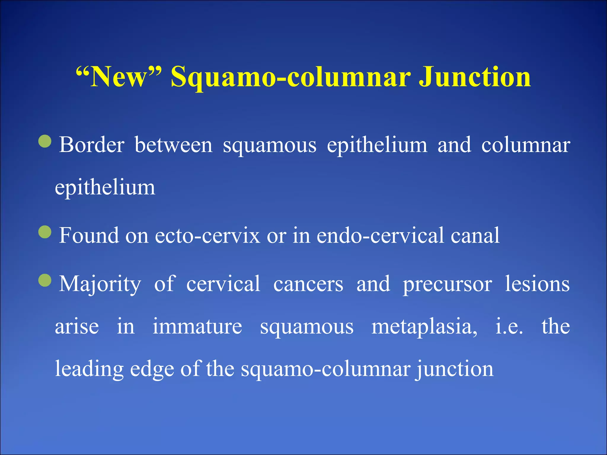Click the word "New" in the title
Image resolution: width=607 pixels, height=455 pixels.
click(119, 77)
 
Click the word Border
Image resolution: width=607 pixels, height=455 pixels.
click(92, 145)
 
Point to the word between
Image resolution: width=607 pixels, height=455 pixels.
click(173, 145)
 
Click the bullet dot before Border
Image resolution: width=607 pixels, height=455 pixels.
click(45, 141)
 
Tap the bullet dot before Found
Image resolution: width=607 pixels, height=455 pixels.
click(45, 232)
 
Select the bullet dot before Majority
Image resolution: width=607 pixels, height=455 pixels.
click(45, 280)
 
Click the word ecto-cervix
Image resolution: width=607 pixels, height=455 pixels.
click(207, 235)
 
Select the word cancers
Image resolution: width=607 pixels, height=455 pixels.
click(308, 284)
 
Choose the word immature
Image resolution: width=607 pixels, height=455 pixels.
click(197, 326)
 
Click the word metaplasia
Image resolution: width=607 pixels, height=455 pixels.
click(424, 326)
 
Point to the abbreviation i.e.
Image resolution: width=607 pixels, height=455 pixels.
click(509, 326)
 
